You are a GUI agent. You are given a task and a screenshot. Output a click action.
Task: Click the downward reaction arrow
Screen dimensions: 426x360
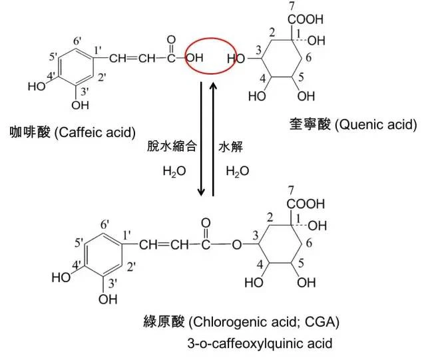(x=201, y=139)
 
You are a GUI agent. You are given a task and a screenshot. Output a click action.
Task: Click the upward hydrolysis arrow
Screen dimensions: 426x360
(x=214, y=139)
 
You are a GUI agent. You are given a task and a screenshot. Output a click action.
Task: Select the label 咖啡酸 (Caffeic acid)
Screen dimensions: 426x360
(x=73, y=132)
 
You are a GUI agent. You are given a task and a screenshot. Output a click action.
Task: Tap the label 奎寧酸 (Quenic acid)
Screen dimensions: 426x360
(x=353, y=124)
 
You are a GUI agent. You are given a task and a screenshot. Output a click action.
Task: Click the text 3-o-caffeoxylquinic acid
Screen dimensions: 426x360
(x=260, y=343)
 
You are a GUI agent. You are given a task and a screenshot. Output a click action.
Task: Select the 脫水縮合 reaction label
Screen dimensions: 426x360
(x=172, y=146)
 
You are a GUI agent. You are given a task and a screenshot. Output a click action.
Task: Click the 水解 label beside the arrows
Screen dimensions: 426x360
(x=230, y=147)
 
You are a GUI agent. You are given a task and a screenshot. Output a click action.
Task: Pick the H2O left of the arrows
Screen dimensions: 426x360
(x=174, y=172)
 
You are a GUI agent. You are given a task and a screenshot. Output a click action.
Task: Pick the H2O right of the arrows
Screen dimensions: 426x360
(x=238, y=172)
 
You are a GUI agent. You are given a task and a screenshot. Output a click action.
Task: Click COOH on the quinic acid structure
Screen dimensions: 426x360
(x=306, y=19)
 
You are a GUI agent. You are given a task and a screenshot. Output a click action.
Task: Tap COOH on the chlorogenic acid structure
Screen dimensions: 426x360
(x=306, y=204)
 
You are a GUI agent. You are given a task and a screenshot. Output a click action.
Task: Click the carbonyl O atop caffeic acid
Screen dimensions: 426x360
(x=171, y=40)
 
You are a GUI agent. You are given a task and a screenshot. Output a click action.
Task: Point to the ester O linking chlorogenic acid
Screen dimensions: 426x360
(x=237, y=245)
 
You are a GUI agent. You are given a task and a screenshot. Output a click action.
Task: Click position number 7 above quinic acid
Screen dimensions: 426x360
(x=292, y=6)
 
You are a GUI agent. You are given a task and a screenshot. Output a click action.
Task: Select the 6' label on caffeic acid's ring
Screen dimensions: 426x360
(x=77, y=41)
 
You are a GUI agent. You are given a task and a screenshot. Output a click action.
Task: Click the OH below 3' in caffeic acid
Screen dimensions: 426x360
(x=80, y=105)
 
